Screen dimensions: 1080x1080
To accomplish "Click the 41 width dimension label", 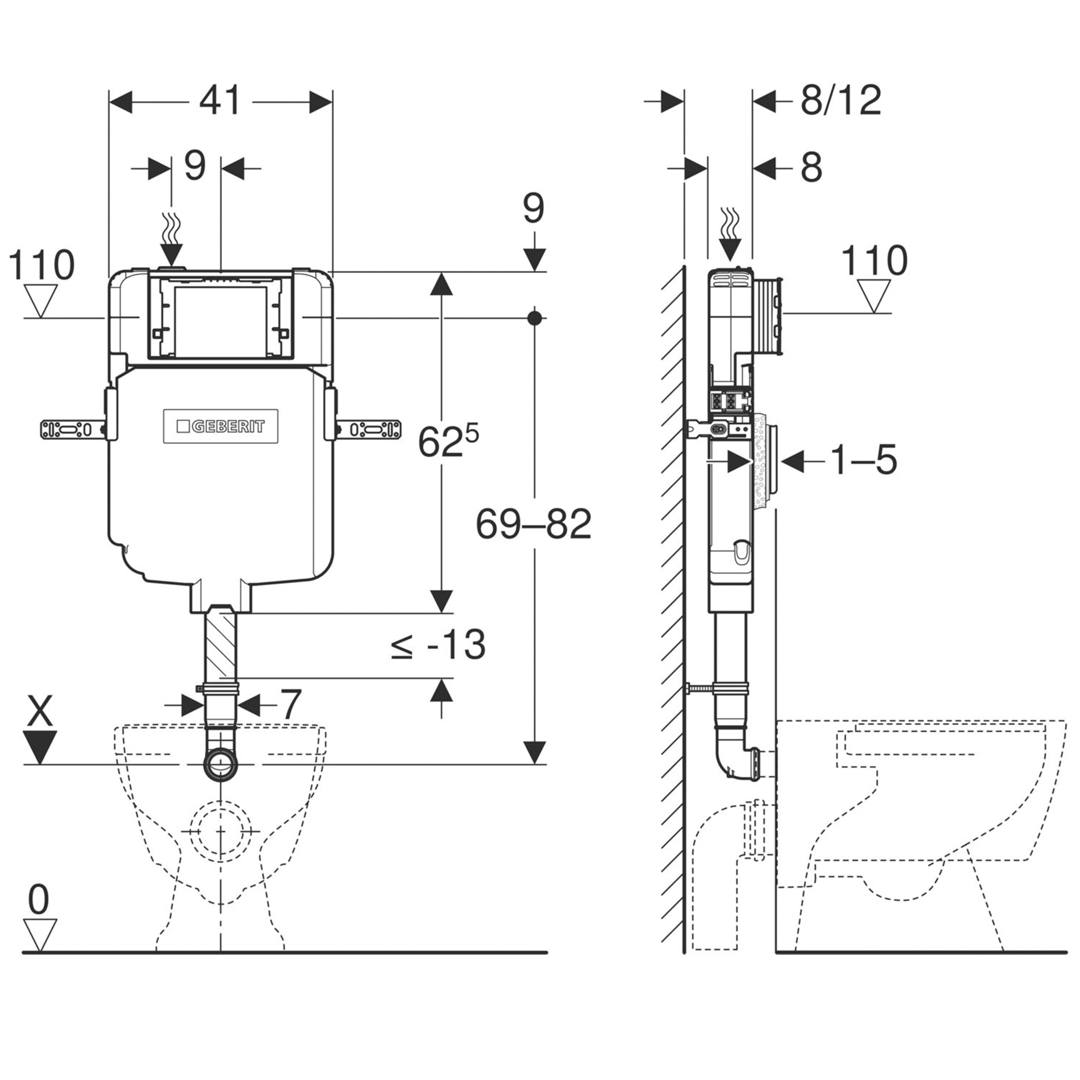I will (x=220, y=101).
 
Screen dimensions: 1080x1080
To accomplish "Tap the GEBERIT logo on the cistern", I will (x=221, y=427).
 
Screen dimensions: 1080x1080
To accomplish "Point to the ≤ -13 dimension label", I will (x=439, y=645).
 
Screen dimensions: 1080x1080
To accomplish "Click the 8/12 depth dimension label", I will (x=841, y=101).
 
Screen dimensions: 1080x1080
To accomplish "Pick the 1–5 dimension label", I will (x=863, y=460).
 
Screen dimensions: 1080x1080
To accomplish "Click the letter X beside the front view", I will (x=40, y=711).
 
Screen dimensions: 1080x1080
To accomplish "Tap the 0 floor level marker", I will (x=38, y=901).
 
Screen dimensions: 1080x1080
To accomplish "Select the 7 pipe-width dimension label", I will (x=291, y=705).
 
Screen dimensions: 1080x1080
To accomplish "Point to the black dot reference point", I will (x=535, y=318).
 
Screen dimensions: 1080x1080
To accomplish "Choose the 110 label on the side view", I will (x=874, y=261).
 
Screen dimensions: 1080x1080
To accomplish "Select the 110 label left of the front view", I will (x=41, y=265).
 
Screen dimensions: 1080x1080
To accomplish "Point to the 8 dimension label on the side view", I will (x=811, y=167).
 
